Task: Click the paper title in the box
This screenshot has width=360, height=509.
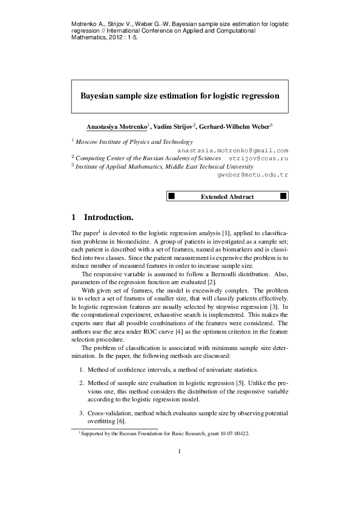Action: coord(180,96)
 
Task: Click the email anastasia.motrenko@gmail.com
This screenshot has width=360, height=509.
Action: coord(232,150)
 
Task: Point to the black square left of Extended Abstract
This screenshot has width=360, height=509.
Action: coord(171,196)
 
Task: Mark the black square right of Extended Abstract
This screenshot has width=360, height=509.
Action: coord(283,196)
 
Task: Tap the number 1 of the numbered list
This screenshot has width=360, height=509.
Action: coord(82,369)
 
